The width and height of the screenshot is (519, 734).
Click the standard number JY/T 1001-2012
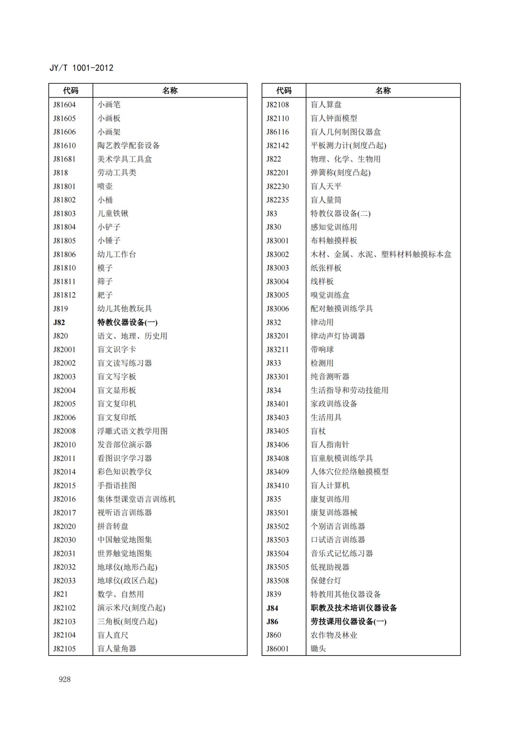coord(81,68)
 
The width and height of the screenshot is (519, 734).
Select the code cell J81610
coord(64,146)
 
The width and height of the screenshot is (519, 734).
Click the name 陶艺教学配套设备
coord(128,146)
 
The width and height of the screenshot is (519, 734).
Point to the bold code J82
coord(59,322)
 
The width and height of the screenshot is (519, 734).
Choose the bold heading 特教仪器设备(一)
coord(127,322)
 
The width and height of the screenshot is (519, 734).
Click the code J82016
coord(64,499)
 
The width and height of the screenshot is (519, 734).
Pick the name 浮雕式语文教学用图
coord(132,431)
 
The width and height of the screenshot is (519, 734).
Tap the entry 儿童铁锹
coord(113,213)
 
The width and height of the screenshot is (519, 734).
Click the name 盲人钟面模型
coord(333,118)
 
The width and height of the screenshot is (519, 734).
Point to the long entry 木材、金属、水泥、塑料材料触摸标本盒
coord(381,254)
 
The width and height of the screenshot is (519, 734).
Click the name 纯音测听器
coord(330,377)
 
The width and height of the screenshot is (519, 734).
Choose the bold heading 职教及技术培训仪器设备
coord(353,608)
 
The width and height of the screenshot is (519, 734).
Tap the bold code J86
coord(272,621)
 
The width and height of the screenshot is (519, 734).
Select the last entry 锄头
coord(318,648)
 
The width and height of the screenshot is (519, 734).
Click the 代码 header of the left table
coord(71,91)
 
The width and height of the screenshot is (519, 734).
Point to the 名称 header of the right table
coord(383,91)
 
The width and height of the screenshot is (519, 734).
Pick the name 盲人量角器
coord(117,648)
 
